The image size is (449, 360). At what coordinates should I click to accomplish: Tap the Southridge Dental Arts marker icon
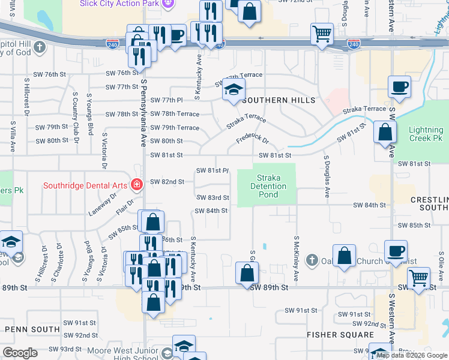137,185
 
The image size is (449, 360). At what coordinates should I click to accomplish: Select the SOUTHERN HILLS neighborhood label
278,100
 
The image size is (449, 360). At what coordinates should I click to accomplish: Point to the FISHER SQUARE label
340,335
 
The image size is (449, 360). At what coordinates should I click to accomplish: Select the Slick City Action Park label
119,3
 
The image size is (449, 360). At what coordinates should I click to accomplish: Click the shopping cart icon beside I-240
322,34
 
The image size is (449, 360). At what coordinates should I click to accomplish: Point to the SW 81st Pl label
212,171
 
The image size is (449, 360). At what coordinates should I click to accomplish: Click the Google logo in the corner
20,352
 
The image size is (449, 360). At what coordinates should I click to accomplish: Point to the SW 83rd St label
212,197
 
